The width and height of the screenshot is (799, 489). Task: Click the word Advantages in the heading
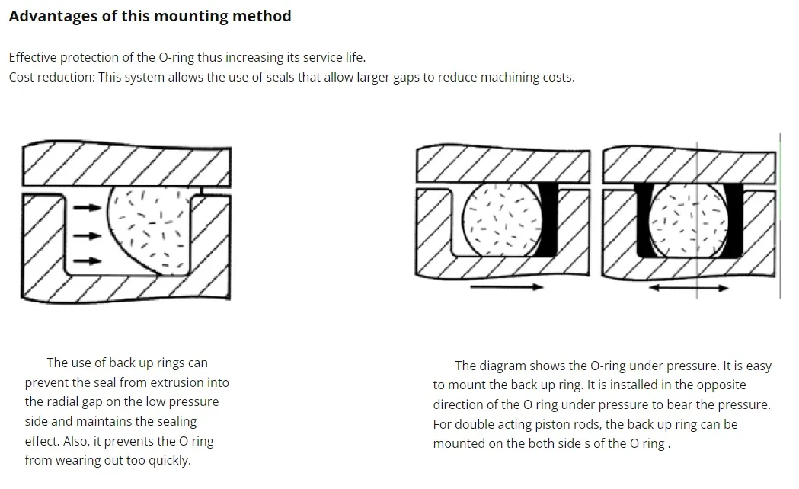(53, 16)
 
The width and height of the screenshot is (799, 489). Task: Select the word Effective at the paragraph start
(34, 57)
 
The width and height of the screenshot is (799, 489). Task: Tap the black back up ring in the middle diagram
(546, 219)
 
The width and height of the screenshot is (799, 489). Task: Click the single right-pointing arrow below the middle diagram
(506, 287)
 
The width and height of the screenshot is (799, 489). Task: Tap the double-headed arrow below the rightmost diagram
(689, 289)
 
